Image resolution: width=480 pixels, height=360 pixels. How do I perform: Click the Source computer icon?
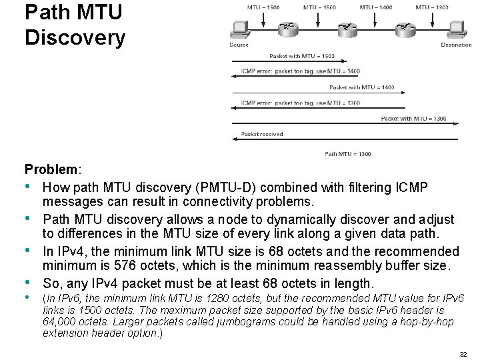(239, 29)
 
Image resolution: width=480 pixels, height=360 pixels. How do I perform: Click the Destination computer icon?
(456, 29)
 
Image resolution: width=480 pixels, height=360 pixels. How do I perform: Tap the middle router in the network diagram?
(347, 29)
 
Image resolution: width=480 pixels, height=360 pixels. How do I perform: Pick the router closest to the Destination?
(404, 29)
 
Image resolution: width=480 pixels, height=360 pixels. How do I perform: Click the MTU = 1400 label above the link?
(376, 7)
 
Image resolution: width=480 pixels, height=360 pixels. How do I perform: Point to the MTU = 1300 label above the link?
(432, 7)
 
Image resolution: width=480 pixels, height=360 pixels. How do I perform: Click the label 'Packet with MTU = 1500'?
(302, 56)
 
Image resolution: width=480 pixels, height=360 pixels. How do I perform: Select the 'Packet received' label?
(262, 134)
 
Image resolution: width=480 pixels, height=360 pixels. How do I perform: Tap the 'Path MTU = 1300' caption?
(348, 154)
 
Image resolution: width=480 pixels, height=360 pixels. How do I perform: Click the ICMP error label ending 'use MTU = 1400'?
(301, 71)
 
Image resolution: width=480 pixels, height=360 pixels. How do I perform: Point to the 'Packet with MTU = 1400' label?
(361, 87)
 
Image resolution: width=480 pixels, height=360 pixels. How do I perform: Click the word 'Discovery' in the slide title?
(75, 37)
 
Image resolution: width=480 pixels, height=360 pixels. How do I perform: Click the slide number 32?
(463, 354)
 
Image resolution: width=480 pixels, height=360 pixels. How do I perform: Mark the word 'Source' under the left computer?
(239, 45)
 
